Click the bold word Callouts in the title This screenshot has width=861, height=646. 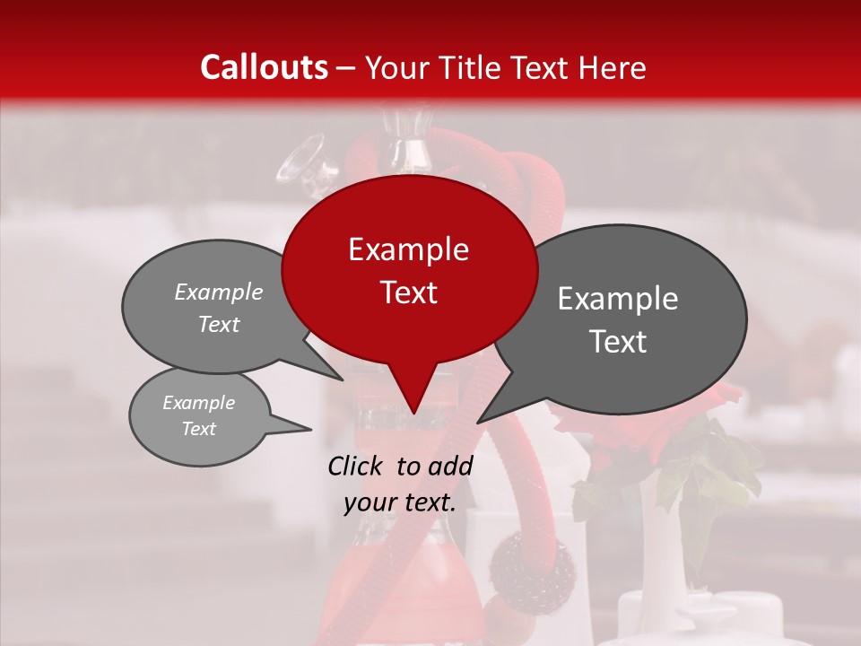264,67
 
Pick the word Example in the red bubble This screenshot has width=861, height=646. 408,249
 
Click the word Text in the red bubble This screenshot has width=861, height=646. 408,292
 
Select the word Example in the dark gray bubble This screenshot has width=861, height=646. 618,299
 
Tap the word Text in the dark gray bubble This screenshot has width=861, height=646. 618,342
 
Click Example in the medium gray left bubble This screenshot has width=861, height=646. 219,292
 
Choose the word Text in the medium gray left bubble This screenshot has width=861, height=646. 219,324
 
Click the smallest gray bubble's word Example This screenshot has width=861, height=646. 199,403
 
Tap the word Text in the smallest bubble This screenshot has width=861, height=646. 199,429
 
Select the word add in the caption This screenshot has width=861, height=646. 451,466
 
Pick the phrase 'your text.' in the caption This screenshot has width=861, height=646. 400,502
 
